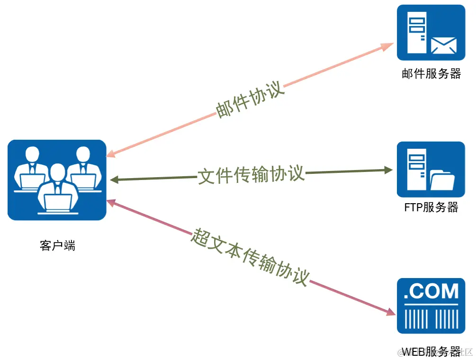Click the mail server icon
click(431, 32)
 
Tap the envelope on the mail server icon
click(443, 46)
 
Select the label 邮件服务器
click(431, 74)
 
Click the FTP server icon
click(431, 169)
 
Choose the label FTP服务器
click(431, 207)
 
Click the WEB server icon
click(431, 306)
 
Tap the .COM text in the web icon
click(431, 291)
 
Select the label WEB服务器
click(431, 351)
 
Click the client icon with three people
click(57, 180)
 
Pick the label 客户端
click(57, 245)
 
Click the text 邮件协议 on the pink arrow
click(250, 101)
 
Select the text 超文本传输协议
click(250, 256)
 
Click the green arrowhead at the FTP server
click(388, 170)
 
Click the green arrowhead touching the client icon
click(114, 180)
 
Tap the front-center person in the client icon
click(57, 189)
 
